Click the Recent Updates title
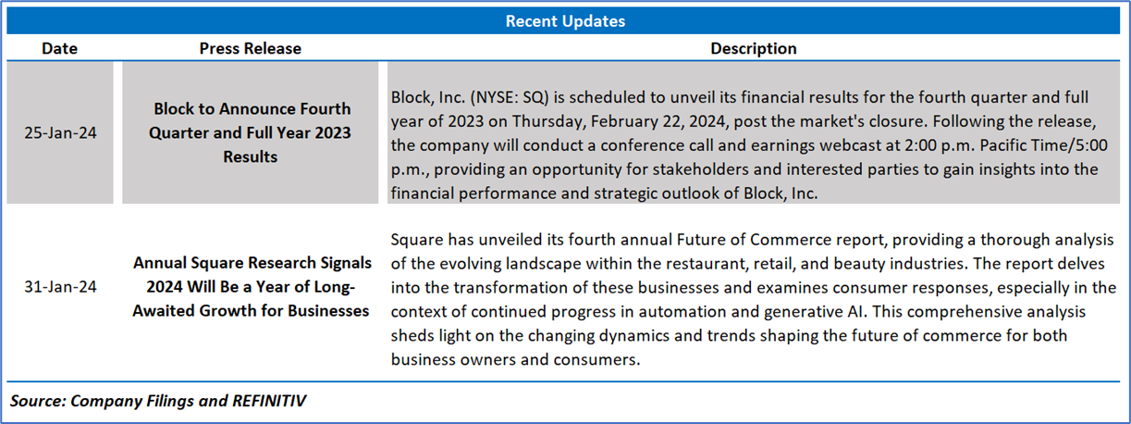(565, 21)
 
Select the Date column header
(59, 48)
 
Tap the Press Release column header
(250, 48)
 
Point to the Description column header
(754, 48)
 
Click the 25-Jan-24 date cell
(60, 133)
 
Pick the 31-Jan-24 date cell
(60, 287)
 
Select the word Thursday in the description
(549, 122)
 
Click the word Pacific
(1007, 145)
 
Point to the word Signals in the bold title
(346, 263)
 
